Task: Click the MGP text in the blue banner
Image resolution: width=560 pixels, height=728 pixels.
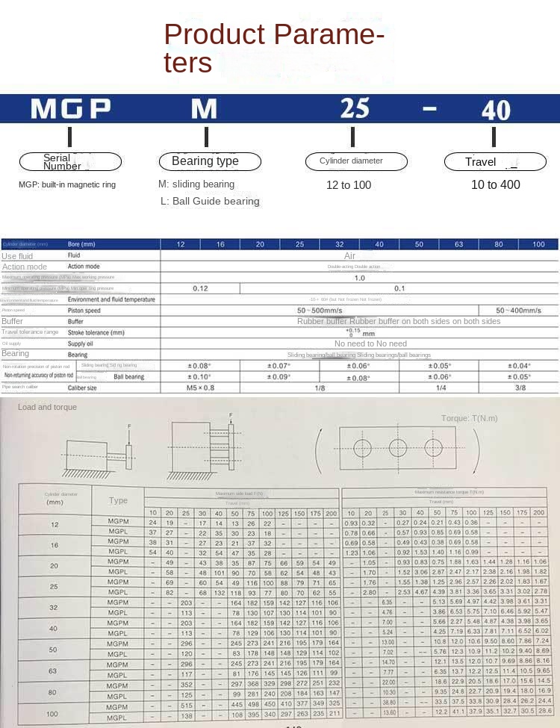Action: tap(71, 109)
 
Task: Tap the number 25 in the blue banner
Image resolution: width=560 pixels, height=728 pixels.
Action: tap(355, 108)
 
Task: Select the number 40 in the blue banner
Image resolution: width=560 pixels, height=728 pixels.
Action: tap(496, 110)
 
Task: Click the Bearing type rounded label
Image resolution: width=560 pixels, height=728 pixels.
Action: tap(210, 161)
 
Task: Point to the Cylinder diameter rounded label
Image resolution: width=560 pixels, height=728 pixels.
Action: tap(357, 161)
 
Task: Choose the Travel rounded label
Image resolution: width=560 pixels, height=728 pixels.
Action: tap(494, 162)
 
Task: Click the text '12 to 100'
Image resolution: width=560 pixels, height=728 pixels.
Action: tap(349, 184)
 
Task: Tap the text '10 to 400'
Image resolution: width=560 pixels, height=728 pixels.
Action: tap(496, 184)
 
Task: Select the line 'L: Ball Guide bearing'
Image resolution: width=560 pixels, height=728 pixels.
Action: tap(210, 201)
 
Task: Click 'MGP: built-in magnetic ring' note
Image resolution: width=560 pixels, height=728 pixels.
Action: tap(67, 184)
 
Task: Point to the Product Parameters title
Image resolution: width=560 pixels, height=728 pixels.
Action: tap(274, 49)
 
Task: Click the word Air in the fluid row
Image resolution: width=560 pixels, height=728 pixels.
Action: tap(349, 255)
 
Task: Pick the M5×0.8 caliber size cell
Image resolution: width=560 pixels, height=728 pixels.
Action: tap(199, 388)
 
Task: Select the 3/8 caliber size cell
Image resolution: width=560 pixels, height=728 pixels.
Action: tap(520, 388)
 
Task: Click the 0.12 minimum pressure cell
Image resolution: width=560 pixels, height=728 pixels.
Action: tap(199, 288)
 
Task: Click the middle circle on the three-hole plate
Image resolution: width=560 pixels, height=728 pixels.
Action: tap(396, 447)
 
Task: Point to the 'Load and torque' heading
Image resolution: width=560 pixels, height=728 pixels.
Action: tap(48, 407)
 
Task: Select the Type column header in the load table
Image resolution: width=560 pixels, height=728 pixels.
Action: tap(118, 500)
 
